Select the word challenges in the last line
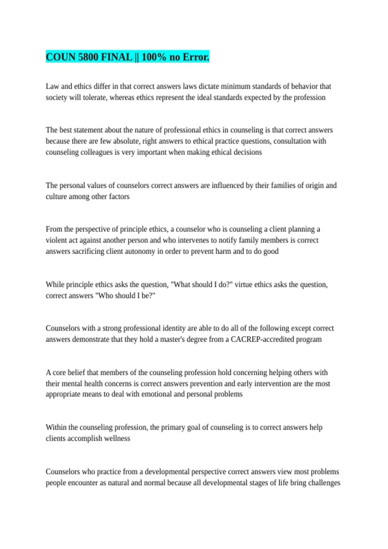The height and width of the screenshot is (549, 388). point(324,483)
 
